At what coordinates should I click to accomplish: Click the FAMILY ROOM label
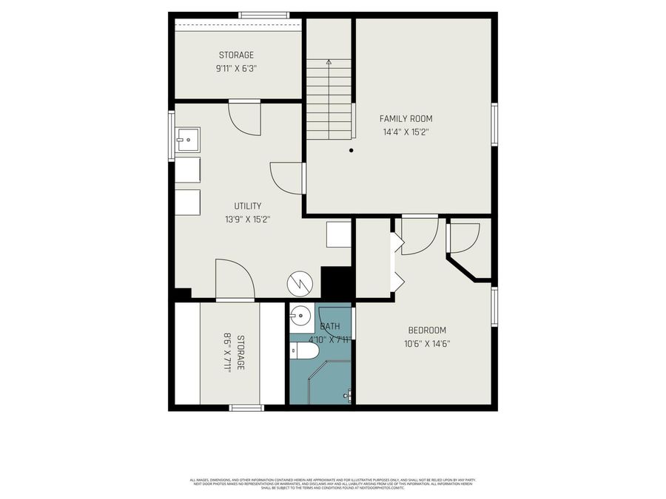click(x=406, y=118)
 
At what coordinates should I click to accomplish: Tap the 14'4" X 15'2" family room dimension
click(x=406, y=132)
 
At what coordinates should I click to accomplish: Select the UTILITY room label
click(x=248, y=206)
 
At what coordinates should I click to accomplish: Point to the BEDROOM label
click(x=427, y=330)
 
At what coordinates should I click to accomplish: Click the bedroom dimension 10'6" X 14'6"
click(x=427, y=343)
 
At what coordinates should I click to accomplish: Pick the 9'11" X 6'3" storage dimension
click(x=236, y=68)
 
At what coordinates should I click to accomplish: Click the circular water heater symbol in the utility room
click(x=300, y=282)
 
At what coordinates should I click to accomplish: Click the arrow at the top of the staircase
click(x=329, y=63)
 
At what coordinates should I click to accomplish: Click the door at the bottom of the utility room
click(x=234, y=281)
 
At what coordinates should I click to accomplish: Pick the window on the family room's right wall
click(x=494, y=124)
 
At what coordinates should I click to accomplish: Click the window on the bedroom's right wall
click(x=494, y=307)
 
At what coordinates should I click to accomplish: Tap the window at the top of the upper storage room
click(x=263, y=15)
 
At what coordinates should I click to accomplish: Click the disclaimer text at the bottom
click(x=332, y=484)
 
